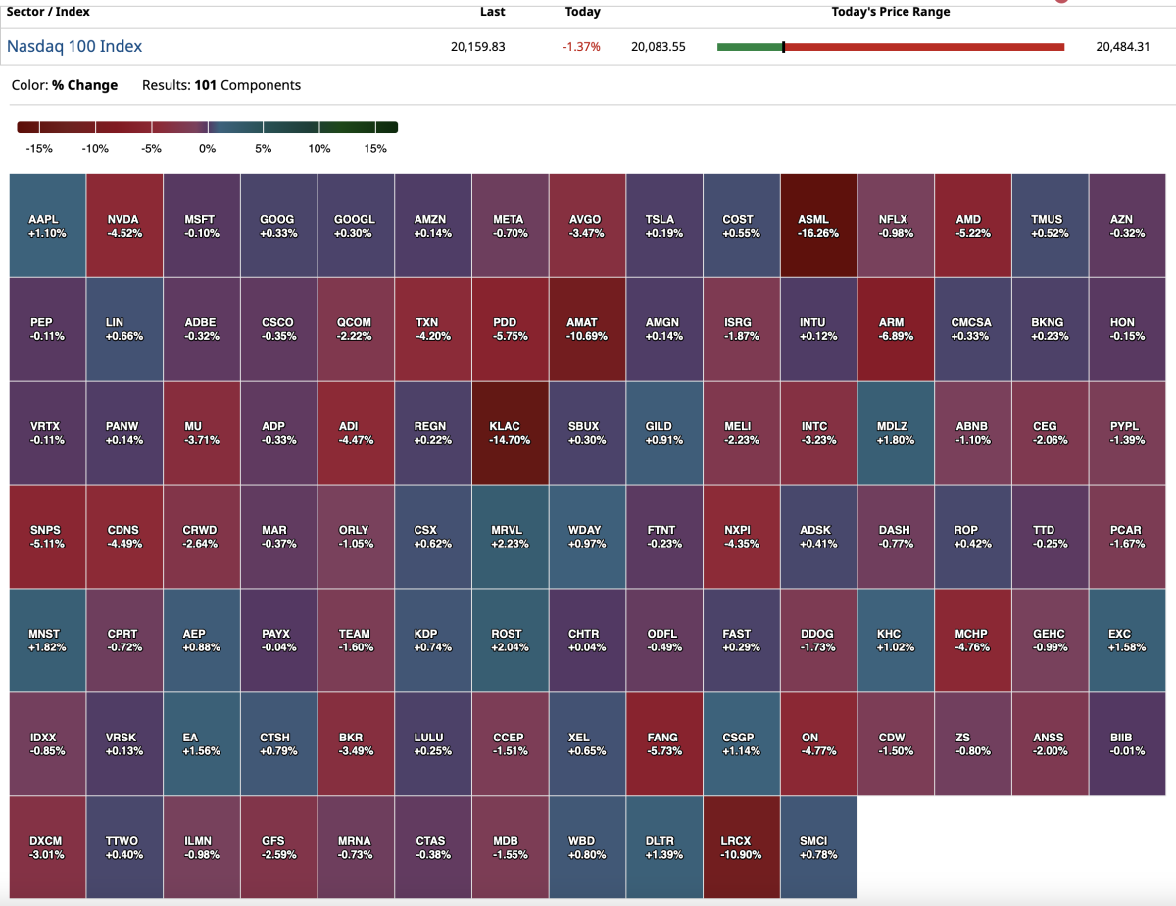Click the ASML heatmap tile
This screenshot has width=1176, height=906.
pyautogui.click(x=819, y=226)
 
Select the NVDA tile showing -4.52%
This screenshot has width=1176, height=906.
pyautogui.click(x=123, y=226)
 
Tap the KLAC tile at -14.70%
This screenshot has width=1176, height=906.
pyautogui.click(x=510, y=433)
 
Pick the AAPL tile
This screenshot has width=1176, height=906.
pyautogui.click(x=47, y=226)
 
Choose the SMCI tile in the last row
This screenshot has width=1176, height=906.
pyautogui.click(x=819, y=847)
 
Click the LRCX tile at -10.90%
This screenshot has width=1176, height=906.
pyautogui.click(x=742, y=847)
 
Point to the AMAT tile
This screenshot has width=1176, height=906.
pyautogui.click(x=587, y=329)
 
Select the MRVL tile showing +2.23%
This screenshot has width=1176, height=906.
pyautogui.click(x=510, y=537)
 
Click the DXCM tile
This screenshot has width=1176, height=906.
pyautogui.click(x=47, y=847)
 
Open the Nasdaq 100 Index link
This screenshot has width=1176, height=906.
pyautogui.click(x=74, y=46)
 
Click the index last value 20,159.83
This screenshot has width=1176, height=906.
pyautogui.click(x=478, y=46)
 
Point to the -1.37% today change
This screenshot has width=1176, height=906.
pyautogui.click(x=582, y=47)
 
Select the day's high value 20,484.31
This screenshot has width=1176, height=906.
pyautogui.click(x=1123, y=46)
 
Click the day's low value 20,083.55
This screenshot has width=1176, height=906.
pyautogui.click(x=659, y=46)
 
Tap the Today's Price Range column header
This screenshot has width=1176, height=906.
pyautogui.click(x=890, y=12)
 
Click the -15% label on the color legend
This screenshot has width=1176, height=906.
pyautogui.click(x=39, y=149)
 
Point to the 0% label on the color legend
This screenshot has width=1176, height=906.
pyautogui.click(x=207, y=149)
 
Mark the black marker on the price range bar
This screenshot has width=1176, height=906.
pyautogui.click(x=783, y=47)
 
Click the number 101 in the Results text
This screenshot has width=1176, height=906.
pyautogui.click(x=205, y=85)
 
